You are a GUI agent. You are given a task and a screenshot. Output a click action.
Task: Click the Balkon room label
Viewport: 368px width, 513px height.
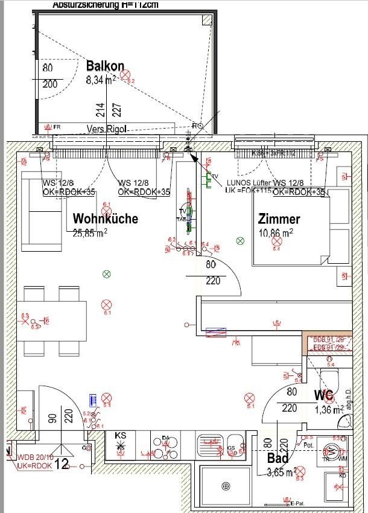pos(105,66)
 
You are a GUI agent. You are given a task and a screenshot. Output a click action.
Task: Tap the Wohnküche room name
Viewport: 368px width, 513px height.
pos(105,218)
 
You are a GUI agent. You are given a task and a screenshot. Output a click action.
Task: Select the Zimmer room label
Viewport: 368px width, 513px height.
pos(279,218)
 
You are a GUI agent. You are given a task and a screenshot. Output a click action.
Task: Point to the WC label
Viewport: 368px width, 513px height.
pos(323,396)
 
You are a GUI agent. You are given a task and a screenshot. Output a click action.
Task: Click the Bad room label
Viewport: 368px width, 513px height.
pos(278,459)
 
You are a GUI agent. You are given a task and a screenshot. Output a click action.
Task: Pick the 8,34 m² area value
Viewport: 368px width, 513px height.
pos(101,79)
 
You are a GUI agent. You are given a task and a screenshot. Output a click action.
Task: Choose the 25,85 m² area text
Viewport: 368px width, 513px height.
pos(90,232)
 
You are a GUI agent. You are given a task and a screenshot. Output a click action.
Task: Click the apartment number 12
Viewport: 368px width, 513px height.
pos(62,464)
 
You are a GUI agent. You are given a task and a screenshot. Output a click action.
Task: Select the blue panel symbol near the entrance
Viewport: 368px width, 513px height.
pos(94,400)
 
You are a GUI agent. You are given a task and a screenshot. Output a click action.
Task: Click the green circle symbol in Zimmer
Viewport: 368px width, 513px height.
pos(240,241)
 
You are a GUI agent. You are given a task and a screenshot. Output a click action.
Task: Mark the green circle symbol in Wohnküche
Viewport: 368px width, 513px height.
pos(107,275)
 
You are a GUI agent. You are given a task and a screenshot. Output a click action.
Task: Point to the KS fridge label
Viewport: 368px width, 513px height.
pos(121,436)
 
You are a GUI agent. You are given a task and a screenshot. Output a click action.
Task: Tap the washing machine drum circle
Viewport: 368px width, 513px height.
pos(331,450)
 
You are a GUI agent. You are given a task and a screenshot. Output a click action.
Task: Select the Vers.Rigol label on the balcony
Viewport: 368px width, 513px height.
pos(107,129)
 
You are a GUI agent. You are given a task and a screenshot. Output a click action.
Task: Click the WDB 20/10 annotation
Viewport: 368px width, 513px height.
pos(36,457)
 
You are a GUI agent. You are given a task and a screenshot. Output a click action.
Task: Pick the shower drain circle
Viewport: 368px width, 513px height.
pos(226,486)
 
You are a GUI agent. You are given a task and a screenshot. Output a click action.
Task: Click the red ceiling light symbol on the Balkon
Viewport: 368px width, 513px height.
pos(125,75)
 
